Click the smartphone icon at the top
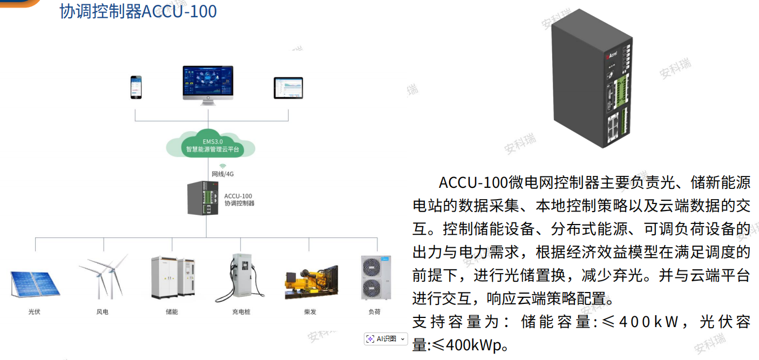pyautogui.click(x=137, y=87)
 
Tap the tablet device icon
pyautogui.click(x=288, y=88)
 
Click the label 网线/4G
pyautogui.click(x=222, y=174)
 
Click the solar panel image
pyautogui.click(x=35, y=283)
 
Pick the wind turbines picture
pyautogui.click(x=103, y=276)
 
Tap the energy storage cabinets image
pyautogui.click(x=172, y=277)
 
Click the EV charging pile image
pyautogui.click(x=241, y=277)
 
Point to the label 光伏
pyautogui.click(x=35, y=312)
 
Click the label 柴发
pyautogui.click(x=310, y=312)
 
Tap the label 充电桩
pyautogui.click(x=241, y=312)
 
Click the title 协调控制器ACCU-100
pyautogui.click(x=138, y=11)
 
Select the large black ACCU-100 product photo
pyautogui.click(x=592, y=79)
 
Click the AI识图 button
pyautogui.click(x=385, y=338)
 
